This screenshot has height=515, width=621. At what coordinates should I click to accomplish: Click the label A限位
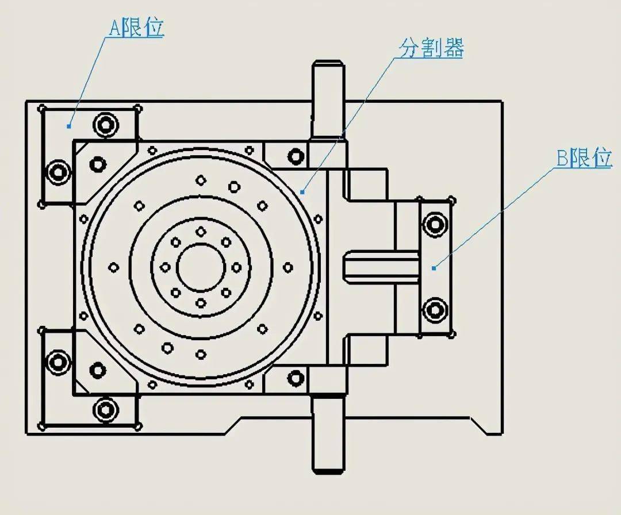coord(136,28)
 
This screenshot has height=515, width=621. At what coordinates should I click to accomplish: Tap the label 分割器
coord(432,49)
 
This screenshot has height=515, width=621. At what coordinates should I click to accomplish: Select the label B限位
coord(584,157)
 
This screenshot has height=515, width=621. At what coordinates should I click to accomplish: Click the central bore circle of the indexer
coord(201,267)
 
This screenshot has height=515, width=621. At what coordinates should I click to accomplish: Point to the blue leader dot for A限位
coord(69,125)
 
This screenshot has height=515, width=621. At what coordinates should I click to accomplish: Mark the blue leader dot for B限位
coord(434,267)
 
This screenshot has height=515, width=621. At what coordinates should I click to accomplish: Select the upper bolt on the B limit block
coord(435,224)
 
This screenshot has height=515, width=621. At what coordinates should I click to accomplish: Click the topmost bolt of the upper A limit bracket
coord(106,124)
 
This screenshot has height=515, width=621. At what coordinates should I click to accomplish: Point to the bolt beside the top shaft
coord(296,156)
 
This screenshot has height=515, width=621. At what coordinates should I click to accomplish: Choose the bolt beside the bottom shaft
coord(296,378)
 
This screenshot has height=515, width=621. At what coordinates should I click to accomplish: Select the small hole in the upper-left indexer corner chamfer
coord(99,164)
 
